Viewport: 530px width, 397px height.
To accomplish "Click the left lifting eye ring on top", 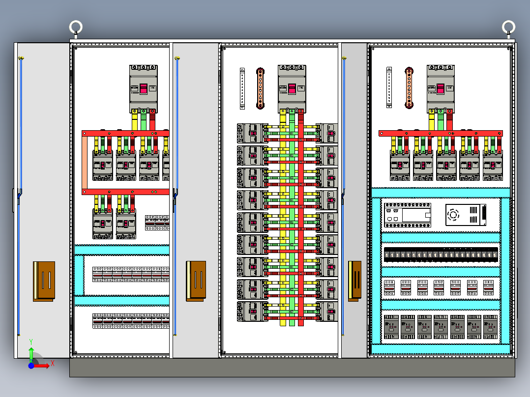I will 75,26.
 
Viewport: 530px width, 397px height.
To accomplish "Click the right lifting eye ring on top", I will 508,26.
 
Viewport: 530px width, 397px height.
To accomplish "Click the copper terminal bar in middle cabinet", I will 260,88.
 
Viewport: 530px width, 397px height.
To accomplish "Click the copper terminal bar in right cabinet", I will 408,88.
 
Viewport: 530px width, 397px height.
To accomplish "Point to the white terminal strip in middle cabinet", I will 242,88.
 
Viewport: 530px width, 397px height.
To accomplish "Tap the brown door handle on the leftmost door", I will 44,281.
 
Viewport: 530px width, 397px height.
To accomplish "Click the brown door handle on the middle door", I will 196,281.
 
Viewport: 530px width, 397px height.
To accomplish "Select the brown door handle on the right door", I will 354,281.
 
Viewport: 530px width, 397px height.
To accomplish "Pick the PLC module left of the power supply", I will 407,215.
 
